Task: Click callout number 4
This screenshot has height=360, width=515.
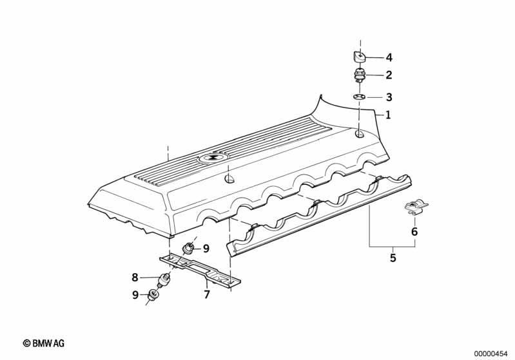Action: [x=389, y=58]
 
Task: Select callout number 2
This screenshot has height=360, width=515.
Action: [x=389, y=75]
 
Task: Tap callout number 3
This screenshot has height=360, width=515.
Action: [x=389, y=97]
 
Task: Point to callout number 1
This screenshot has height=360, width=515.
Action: [x=388, y=115]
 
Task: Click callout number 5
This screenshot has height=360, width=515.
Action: [x=393, y=258]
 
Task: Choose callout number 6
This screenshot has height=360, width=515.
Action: [x=414, y=232]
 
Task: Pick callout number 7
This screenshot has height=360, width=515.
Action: [x=207, y=294]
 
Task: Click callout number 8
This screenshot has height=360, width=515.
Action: [x=135, y=278]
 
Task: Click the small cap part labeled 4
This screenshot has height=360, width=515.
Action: [x=360, y=56]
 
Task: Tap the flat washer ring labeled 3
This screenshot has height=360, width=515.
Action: [x=360, y=97]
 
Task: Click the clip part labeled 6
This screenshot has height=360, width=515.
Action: [x=416, y=207]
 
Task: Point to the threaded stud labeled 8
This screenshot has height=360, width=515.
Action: [x=164, y=280]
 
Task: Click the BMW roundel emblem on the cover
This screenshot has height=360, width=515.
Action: [x=212, y=158]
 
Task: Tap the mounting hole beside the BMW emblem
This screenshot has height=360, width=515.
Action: [x=229, y=179]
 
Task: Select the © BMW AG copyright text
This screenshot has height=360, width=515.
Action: [x=44, y=343]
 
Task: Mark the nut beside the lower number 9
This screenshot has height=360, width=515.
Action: [x=153, y=295]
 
